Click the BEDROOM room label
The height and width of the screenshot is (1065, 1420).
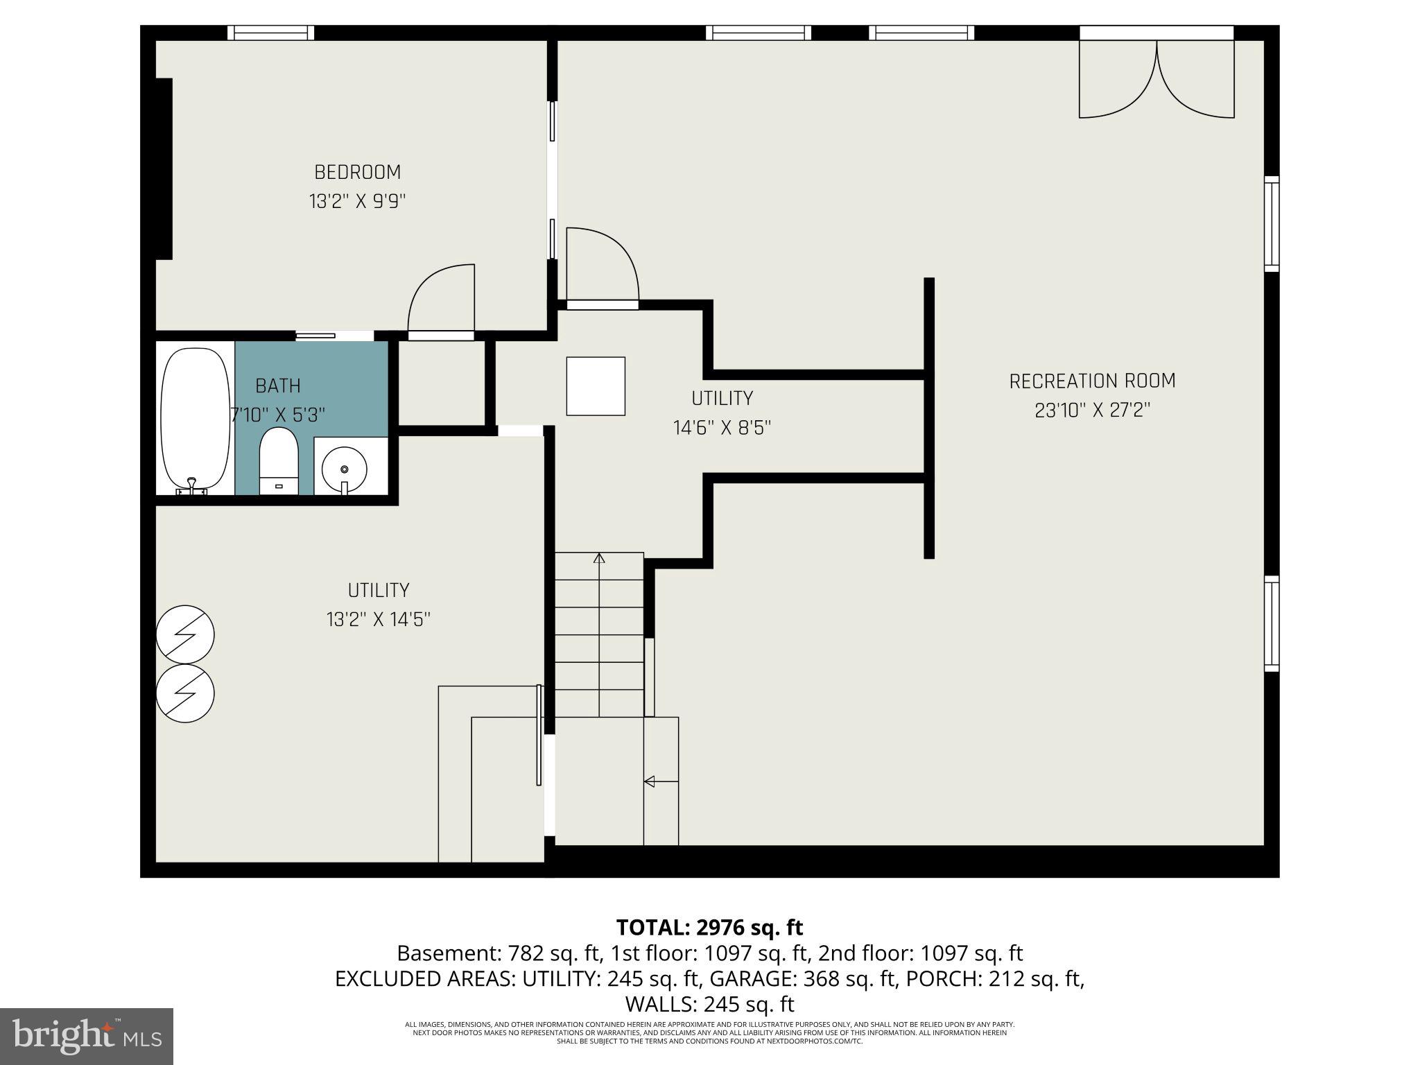click(357, 172)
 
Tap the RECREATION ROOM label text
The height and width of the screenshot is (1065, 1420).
click(1092, 381)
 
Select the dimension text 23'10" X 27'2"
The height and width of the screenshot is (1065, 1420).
click(1092, 411)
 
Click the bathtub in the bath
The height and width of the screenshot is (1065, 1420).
click(195, 419)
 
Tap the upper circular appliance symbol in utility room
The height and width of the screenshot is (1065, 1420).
click(185, 634)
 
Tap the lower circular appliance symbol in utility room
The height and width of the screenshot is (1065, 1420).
click(185, 693)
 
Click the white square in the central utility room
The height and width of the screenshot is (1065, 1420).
click(596, 386)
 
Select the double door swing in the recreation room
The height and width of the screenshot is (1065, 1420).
click(1157, 80)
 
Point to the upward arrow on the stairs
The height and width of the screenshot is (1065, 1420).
click(599, 558)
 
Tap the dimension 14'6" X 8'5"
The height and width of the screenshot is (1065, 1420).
click(722, 428)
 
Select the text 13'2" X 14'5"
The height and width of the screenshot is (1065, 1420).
click(379, 620)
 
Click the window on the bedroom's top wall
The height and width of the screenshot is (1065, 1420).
click(271, 33)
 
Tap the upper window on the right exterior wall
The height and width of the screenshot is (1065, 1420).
click(1271, 224)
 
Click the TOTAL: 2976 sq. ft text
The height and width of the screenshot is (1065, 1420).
click(709, 927)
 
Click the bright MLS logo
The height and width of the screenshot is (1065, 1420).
click(87, 1036)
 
